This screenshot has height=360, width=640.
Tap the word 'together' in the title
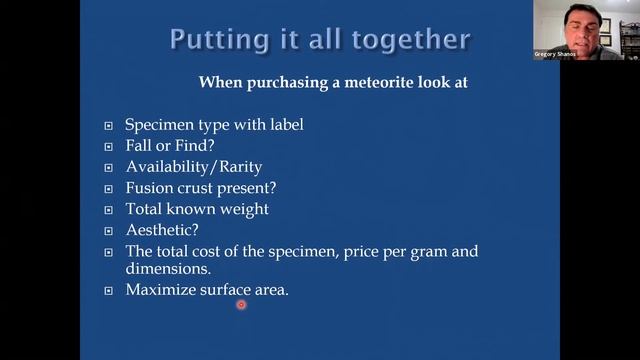point(414,40)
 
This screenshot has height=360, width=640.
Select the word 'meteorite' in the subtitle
point(398,82)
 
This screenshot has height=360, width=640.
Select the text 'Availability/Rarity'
point(193,166)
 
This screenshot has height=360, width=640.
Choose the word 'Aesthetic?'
point(162,229)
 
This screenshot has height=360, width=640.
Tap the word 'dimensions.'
point(167,269)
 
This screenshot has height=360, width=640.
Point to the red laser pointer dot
point(241,304)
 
